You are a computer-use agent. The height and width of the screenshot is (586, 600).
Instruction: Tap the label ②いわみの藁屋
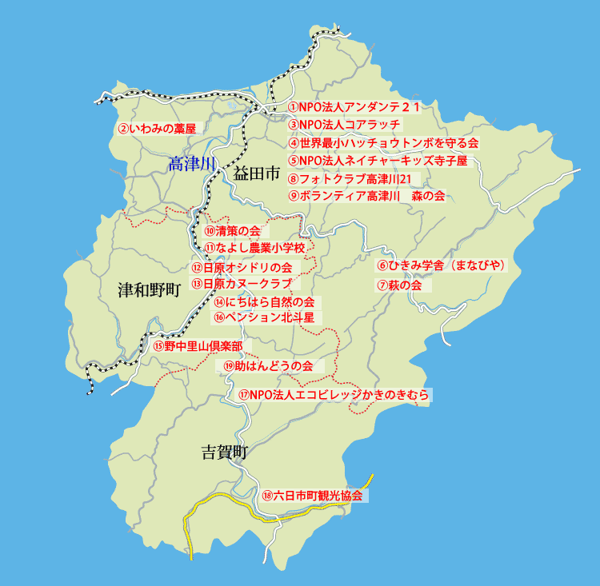[157, 128]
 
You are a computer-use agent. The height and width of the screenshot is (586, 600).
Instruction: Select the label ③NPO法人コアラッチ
[344, 125]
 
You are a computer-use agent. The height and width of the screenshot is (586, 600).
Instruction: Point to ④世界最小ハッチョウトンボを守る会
[383, 143]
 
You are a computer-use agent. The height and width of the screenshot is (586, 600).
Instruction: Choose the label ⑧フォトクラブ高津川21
[349, 178]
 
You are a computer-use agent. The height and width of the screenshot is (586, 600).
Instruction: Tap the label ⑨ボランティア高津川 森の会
[366, 196]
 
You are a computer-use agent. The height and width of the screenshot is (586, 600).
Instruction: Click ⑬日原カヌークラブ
[240, 284]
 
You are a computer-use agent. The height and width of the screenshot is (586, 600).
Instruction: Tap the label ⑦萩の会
[399, 285]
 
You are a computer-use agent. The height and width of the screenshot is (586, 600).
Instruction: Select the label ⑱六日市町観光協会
[312, 496]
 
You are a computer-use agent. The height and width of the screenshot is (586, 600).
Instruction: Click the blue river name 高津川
[192, 165]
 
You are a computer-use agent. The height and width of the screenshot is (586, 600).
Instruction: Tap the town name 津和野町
[150, 289]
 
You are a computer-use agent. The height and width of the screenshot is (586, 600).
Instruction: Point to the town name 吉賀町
[224, 452]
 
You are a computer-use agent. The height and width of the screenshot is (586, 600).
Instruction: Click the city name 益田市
[257, 173]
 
